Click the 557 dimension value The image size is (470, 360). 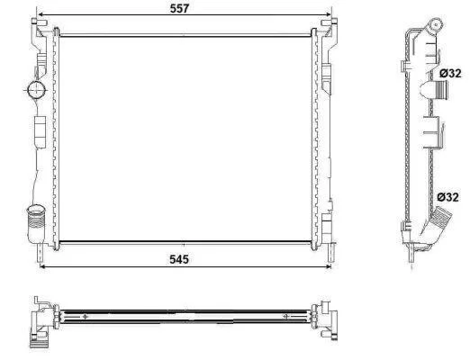[x=179, y=8]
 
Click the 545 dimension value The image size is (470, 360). [x=179, y=259]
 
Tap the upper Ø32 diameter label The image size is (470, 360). [x=450, y=74]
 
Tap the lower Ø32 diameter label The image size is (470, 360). [x=447, y=197]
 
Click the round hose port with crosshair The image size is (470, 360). [x=36, y=89]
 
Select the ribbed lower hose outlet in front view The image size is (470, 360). [x=36, y=217]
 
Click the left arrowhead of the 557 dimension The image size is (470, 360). [x=40, y=14]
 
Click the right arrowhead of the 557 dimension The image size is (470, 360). [x=328, y=14]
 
